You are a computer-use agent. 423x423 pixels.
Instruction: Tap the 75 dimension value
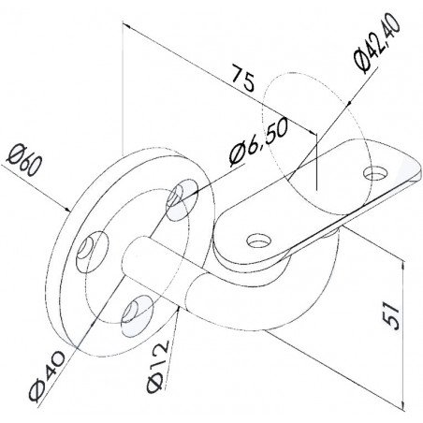coord(242,79)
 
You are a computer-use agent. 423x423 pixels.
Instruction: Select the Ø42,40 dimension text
coord(377,43)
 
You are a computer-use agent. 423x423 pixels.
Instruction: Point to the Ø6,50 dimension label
coord(257,142)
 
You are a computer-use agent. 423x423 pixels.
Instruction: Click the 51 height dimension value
coord(391,317)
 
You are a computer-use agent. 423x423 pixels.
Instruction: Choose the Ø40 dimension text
coord(47,377)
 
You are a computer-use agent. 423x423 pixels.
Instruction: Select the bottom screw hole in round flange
coord(138,312)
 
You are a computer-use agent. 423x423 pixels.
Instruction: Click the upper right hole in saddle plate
coord(376,172)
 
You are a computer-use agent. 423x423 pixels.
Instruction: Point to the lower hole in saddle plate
coord(258,241)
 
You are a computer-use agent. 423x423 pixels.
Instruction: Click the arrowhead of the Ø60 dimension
coord(67,210)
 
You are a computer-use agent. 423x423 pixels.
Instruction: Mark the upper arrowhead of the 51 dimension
coord(403,265)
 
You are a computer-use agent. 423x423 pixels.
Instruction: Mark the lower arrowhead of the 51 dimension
coord(404,403)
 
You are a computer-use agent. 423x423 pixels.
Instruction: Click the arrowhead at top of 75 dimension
coord(126,25)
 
